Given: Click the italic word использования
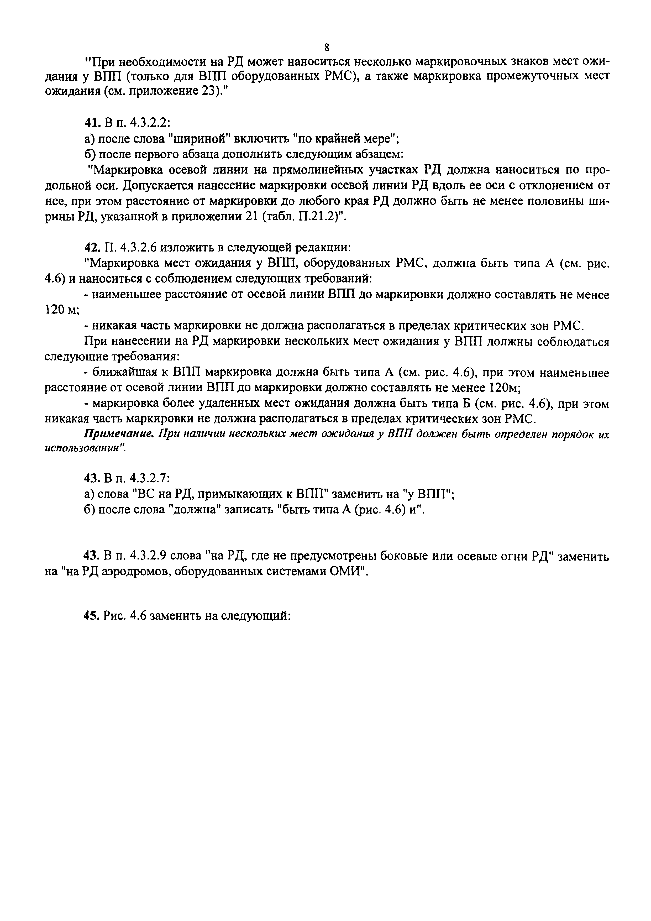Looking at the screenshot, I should (83, 448).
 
